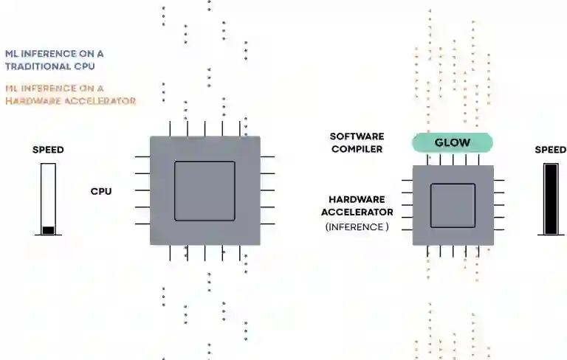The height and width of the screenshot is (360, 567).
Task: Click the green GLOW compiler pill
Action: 452,142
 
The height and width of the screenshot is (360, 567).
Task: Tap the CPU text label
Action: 101,191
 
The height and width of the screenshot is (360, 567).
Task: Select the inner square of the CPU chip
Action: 205,191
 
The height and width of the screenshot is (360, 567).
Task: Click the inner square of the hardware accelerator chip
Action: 453,206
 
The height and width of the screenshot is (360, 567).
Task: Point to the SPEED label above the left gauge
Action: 48,150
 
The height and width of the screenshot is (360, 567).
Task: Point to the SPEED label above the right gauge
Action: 550,150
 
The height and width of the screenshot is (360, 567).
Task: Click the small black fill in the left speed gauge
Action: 48,230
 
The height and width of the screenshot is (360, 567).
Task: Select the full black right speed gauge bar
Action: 551,198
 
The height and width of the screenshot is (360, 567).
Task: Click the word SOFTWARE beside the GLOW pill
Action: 356,136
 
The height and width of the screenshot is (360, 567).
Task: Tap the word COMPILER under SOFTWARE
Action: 357,149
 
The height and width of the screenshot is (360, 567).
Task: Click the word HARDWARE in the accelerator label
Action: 357,199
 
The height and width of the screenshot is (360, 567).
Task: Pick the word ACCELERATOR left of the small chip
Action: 357,212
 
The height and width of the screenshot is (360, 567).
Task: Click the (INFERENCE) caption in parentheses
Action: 357,227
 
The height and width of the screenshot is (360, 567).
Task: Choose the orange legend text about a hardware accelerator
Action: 70,94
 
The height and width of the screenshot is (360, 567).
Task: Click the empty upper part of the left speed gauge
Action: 48,192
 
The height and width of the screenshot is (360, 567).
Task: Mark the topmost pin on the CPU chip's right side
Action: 267,156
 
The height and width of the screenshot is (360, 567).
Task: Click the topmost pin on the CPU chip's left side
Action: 142,156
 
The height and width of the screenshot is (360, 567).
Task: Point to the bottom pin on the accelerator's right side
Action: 499,229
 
